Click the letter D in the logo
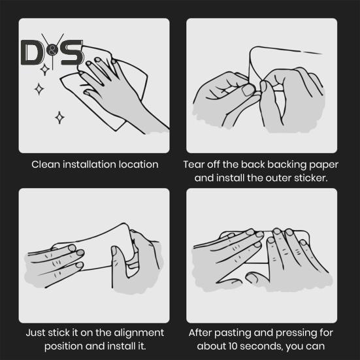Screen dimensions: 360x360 (31, 52)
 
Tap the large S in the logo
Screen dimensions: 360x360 (72, 52)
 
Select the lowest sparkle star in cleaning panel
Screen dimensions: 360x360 (59, 118)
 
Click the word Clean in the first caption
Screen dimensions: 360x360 (46, 165)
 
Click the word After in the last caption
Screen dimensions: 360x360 (200, 333)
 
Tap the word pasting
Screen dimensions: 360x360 (232, 333)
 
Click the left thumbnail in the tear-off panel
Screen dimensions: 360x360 (248, 90)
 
